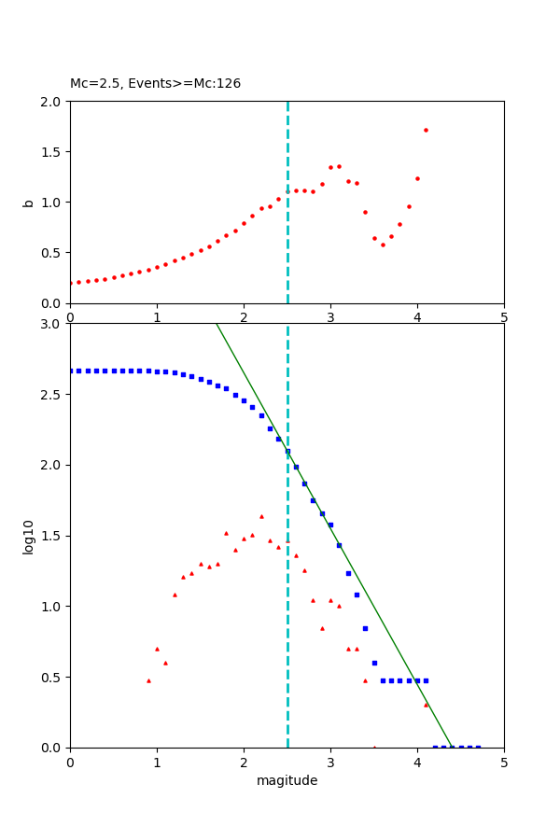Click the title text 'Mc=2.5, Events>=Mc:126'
click(155, 83)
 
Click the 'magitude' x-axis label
click(287, 780)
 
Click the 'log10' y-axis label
click(28, 536)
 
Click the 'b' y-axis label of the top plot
click(28, 202)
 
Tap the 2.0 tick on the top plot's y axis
click(52, 101)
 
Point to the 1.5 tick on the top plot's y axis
click(52, 151)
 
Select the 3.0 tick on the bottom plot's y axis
click(52, 324)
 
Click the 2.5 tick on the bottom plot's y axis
click(52, 395)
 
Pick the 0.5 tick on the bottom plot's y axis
click(52, 677)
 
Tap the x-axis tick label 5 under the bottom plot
click(504, 762)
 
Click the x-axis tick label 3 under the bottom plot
click(330, 762)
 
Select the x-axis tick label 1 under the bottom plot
click(157, 762)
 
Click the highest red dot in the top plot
click(426, 130)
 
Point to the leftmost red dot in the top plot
click(70, 283)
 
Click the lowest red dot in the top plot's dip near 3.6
click(383, 245)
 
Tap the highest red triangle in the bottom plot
click(261, 516)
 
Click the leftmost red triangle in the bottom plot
click(148, 680)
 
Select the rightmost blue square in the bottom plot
click(478, 747)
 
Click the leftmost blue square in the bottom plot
click(70, 371)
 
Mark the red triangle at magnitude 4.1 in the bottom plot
click(426, 705)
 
